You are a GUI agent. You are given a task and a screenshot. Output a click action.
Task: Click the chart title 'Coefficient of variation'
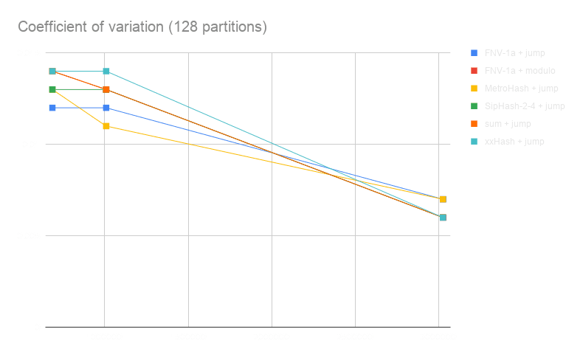coord(142,27)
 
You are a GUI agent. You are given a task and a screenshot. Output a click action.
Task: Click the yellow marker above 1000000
coord(106,126)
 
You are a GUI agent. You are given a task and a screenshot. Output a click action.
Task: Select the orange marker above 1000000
coord(106,90)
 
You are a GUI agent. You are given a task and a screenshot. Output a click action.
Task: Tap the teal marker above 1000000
coord(106,72)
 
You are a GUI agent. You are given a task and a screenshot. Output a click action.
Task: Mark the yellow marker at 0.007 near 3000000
coord(442,199)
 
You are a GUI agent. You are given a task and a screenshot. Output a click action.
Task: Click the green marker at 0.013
coord(52,90)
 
